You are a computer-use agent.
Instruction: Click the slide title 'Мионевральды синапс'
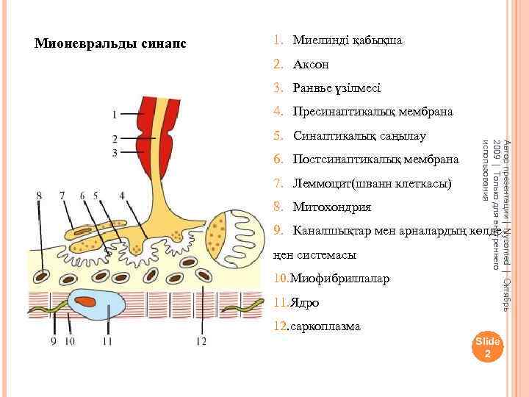pyautogui.click(x=111, y=43)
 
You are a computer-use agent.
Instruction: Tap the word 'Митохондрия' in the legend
pyautogui.click(x=331, y=207)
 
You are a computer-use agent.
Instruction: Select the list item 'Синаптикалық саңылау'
pyautogui.click(x=359, y=136)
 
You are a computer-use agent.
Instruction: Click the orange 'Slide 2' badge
pyautogui.click(x=487, y=347)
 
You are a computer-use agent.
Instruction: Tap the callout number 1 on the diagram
pyautogui.click(x=114, y=115)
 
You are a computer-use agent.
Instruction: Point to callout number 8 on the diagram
pyautogui.click(x=39, y=196)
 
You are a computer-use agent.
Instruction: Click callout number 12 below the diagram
pyautogui.click(x=201, y=341)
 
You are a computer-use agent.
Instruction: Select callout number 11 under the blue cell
pyautogui.click(x=107, y=341)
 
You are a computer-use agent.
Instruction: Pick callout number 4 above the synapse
pyautogui.click(x=121, y=196)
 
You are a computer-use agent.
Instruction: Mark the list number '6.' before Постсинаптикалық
pyautogui.click(x=278, y=160)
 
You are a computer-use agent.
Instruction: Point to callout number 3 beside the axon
pyautogui.click(x=114, y=153)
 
